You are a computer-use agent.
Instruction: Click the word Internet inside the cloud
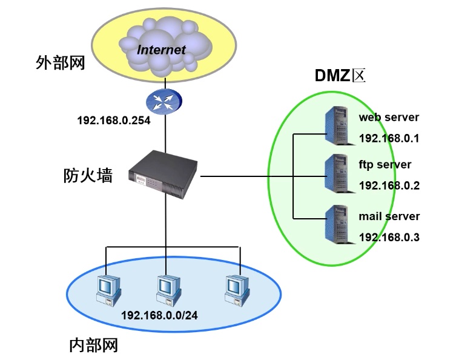coord(161,49)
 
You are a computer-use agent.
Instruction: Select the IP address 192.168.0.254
coord(113,120)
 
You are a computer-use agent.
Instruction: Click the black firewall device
coord(163,173)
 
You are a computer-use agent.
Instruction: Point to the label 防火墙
coord(88,175)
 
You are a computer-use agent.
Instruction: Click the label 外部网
coord(60,63)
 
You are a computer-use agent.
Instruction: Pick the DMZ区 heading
coord(341,76)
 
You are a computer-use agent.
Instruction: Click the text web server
coord(389,117)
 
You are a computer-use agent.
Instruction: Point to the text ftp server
coord(385,164)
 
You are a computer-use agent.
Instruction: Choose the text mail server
coord(389,216)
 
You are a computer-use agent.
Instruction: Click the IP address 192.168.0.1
coord(389,138)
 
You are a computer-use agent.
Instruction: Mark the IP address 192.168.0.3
coord(389,237)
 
